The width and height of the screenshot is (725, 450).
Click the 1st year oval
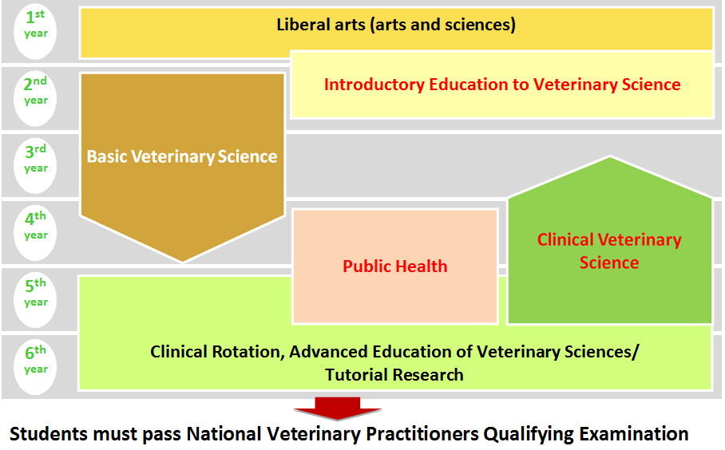(35, 32)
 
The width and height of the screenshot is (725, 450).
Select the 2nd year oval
(35, 98)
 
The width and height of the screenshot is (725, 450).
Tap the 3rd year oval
(35, 166)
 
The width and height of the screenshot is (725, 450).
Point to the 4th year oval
(35, 233)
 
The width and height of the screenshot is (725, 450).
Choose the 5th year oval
(35, 300)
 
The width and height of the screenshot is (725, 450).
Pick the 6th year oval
(35, 367)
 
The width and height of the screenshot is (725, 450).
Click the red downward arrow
(337, 409)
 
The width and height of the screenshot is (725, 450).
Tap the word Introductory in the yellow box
(374, 85)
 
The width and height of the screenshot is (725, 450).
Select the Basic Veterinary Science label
(182, 156)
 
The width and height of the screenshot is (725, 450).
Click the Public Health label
(395, 266)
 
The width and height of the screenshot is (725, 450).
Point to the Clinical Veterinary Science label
(609, 251)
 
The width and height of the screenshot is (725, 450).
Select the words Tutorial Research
(394, 375)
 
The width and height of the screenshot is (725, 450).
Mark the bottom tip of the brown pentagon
(183, 262)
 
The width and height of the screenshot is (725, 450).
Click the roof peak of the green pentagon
(610, 157)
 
